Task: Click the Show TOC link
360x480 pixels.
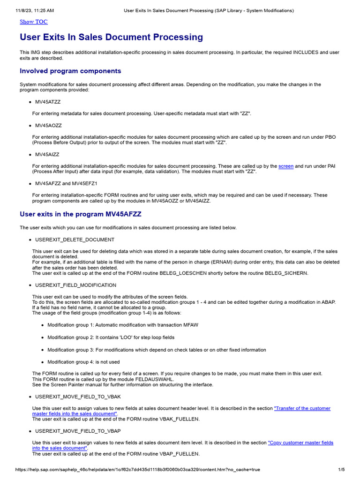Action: tap(33, 22)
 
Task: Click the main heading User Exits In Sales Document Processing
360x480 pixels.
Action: tap(111, 37)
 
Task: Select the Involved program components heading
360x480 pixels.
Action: tap(70, 71)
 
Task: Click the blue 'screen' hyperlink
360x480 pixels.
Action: tap(286, 166)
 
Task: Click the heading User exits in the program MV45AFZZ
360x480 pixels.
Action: tap(81, 214)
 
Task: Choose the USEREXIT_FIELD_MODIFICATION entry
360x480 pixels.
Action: tap(75, 285)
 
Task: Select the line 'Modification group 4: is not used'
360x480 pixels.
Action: tap(83, 362)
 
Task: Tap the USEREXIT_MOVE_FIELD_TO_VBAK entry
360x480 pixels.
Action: tap(75, 397)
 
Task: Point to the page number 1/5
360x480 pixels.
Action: tap(341, 469)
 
